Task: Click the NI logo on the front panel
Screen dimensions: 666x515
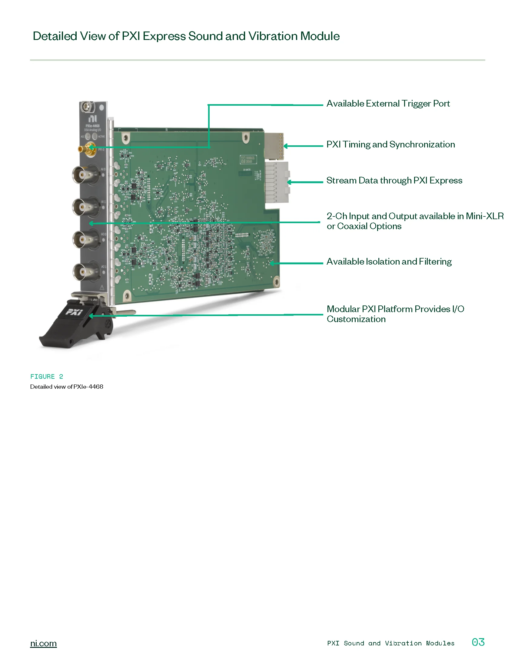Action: pyautogui.click(x=93, y=119)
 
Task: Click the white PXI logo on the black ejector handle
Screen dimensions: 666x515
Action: pyautogui.click(x=74, y=312)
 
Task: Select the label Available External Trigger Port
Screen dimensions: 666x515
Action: pyautogui.click(x=388, y=104)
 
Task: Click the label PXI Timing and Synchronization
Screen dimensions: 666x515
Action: pyautogui.click(x=390, y=144)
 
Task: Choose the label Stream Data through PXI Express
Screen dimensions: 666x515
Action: pyautogui.click(x=394, y=180)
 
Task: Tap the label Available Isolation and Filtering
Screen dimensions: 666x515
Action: pyautogui.click(x=389, y=262)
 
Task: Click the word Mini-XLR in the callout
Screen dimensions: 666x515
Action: pyautogui.click(x=484, y=216)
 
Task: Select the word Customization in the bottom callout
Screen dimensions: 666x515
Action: pyautogui.click(x=356, y=319)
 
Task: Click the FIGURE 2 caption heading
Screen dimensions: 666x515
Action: pyautogui.click(x=47, y=377)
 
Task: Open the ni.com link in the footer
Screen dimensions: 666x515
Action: pyautogui.click(x=43, y=643)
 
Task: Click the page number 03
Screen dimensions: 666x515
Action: pyautogui.click(x=478, y=642)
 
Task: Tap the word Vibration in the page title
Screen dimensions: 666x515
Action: pyautogui.click(x=273, y=36)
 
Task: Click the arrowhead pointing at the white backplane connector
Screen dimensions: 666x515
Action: pyautogui.click(x=289, y=182)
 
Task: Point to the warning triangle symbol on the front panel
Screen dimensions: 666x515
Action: pyautogui.click(x=102, y=288)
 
